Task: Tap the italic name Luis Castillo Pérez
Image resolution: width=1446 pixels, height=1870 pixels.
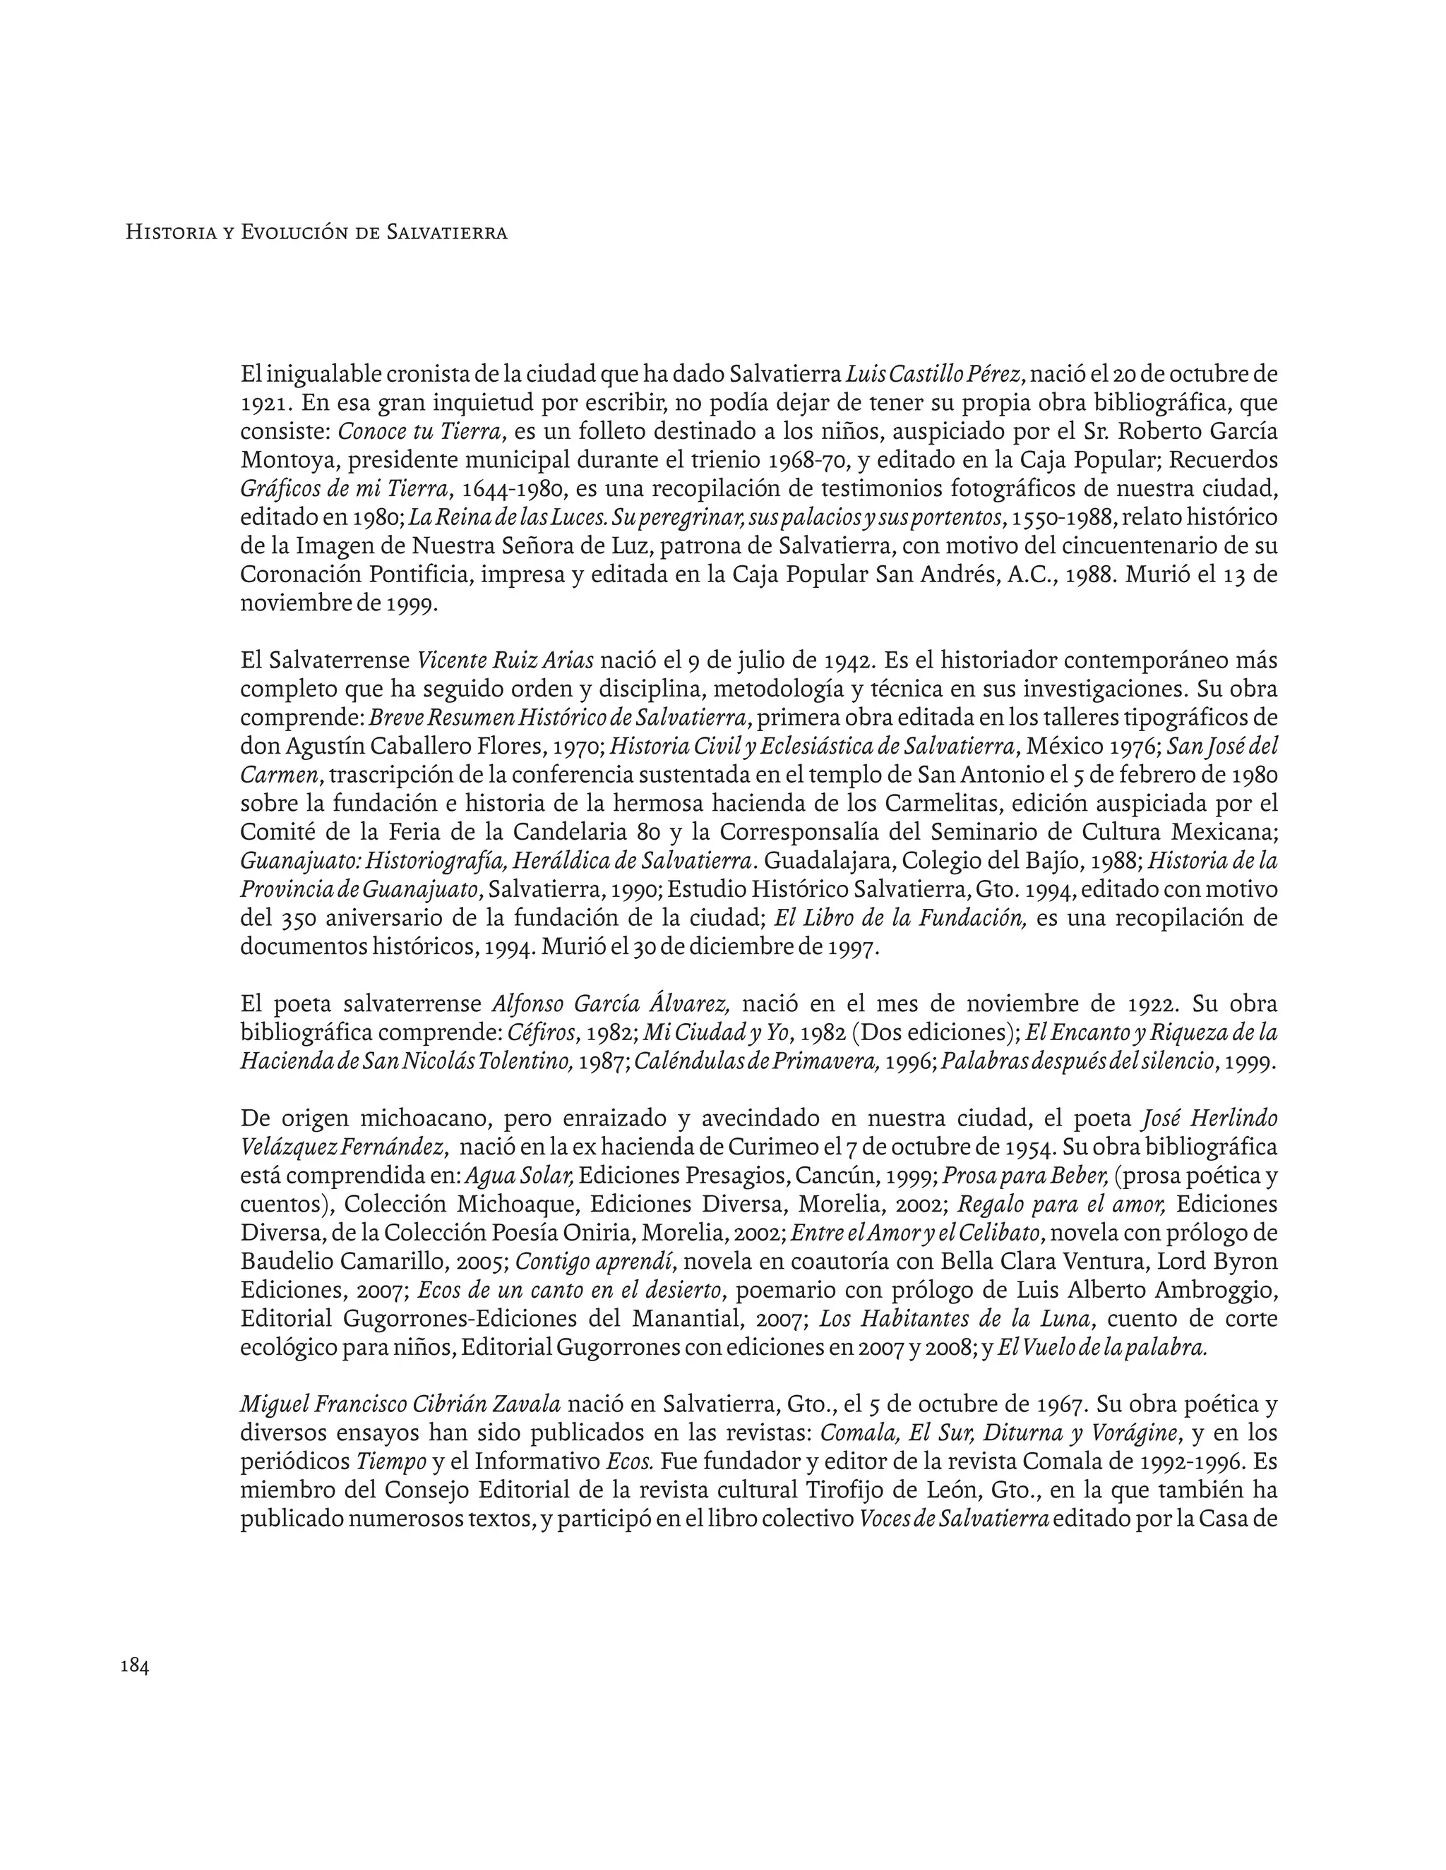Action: pos(933,374)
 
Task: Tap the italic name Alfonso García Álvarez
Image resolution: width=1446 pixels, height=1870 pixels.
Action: pos(611,1004)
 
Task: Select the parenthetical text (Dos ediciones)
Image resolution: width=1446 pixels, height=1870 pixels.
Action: pos(933,1032)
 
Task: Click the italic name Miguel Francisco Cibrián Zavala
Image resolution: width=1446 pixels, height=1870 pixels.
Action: pos(400,1405)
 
